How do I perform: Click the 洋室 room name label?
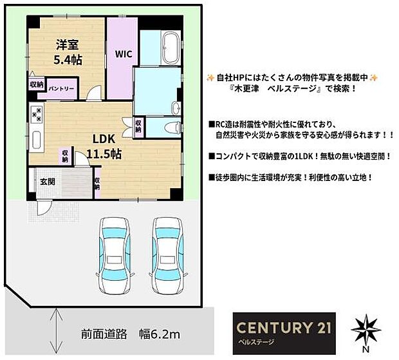[x=67, y=45]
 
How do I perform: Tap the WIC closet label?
[x=123, y=55]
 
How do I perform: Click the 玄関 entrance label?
[x=47, y=182]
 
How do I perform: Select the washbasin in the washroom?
[x=177, y=107]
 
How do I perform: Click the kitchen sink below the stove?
[x=37, y=139]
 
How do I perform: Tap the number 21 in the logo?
[x=318, y=326]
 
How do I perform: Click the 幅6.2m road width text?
[x=158, y=334]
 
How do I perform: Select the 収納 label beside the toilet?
[x=139, y=124]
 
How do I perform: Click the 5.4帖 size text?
[x=67, y=60]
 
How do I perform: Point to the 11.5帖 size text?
[x=105, y=155]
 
